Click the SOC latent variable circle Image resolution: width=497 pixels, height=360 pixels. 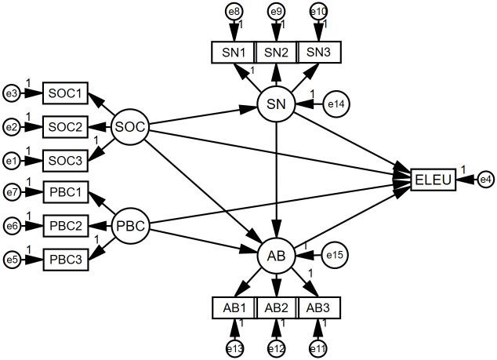tap(129, 126)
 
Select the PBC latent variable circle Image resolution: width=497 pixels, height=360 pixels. tap(129, 226)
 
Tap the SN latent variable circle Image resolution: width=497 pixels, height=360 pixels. tap(276, 104)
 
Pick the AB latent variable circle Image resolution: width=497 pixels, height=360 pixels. tap(276, 254)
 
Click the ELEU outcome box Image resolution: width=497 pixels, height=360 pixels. tap(432, 180)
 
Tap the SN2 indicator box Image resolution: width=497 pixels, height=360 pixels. tap(276, 52)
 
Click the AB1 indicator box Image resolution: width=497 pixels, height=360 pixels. tap(234, 307)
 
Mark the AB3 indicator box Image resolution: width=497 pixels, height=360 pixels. tap(318, 307)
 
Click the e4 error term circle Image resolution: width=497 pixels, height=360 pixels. tap(485, 180)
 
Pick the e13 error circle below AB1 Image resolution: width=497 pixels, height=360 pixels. tap(234, 348)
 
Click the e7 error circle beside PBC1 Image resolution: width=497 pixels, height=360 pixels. tap(12, 192)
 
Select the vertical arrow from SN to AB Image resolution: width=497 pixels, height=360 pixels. tap(276, 180)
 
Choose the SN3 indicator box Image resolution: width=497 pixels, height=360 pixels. tap(318, 52)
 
